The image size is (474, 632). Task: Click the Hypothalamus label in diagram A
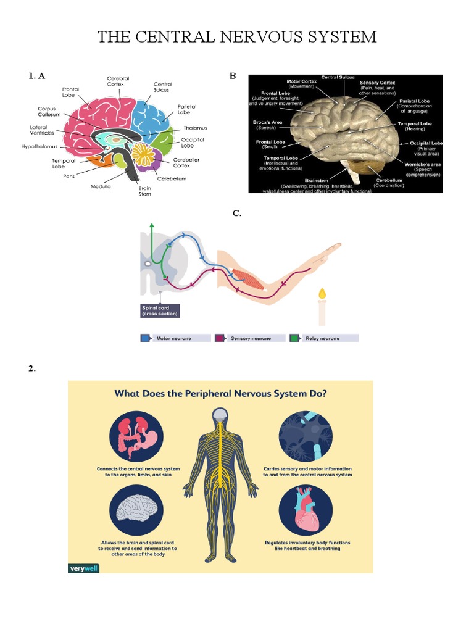tap(39, 147)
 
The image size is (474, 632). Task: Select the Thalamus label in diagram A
tap(195, 128)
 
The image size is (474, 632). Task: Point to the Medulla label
tap(101, 186)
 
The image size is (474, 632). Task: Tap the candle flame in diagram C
tap(321, 293)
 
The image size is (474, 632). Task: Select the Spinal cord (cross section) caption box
tap(160, 310)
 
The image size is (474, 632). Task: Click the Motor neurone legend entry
tap(173, 338)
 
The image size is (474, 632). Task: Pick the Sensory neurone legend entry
tap(251, 338)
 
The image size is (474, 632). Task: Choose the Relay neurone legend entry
tap(325, 338)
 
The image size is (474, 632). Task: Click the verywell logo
tap(83, 568)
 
